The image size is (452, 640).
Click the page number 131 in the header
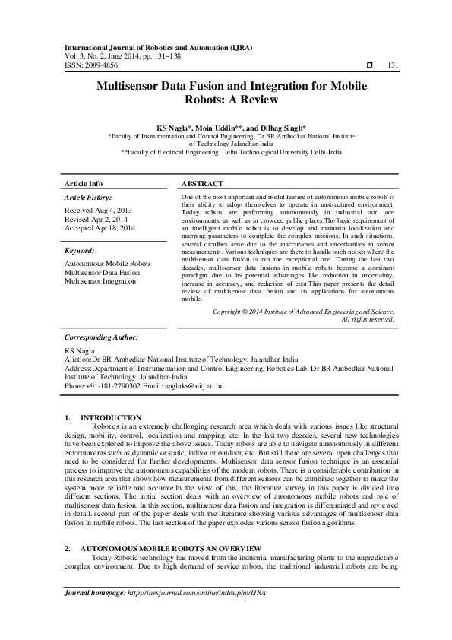(x=394, y=65)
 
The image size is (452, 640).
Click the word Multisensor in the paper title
(x=133, y=87)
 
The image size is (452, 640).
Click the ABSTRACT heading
(x=203, y=184)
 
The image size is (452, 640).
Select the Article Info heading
(x=84, y=184)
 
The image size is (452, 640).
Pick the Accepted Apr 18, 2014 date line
(x=100, y=227)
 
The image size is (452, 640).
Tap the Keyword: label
(x=80, y=250)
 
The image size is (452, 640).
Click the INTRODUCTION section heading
(x=111, y=417)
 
